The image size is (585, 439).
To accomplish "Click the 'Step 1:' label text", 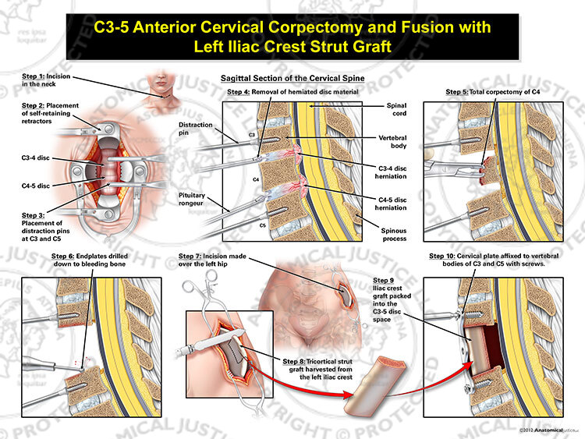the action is coord(33,76).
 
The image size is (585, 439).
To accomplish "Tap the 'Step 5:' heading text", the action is coord(456,92).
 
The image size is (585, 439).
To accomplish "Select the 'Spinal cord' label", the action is coord(396,109).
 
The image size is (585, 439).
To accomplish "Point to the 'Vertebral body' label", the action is coord(392,142).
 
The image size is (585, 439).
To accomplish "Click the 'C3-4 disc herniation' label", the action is coord(391,172).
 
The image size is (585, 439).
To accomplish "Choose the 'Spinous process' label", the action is coord(394,235).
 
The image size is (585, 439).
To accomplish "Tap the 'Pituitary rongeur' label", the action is coord(191,199).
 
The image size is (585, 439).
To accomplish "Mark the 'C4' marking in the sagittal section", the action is coord(256,179).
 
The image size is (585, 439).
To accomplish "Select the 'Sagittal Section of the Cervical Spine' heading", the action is coord(292,78).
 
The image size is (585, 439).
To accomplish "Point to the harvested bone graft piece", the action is coord(374,386).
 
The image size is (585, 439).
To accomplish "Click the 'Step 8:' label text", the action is coord(293,362).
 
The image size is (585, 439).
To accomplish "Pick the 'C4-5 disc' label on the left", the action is coord(35,186).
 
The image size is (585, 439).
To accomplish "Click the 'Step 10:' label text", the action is coord(442,256).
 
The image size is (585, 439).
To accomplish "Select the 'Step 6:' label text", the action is coord(63,257).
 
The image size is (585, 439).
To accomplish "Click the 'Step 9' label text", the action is coord(383,281).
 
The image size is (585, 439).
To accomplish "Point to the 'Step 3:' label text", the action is coord(33,215).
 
